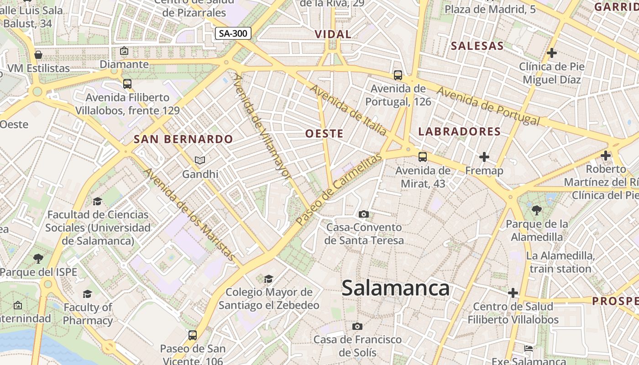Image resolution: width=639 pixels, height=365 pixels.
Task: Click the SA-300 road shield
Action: point(233,33)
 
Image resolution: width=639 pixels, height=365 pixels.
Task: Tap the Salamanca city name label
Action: point(395,288)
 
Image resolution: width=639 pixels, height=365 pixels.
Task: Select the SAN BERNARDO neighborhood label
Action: point(183,139)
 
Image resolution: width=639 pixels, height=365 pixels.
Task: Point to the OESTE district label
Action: point(324,133)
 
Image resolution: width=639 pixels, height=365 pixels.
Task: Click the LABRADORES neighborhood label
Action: point(460,132)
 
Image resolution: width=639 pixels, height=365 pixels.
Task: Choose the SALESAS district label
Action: point(477,46)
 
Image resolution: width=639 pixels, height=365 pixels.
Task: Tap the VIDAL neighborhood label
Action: point(333,34)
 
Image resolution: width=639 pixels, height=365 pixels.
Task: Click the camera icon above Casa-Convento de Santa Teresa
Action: point(364,214)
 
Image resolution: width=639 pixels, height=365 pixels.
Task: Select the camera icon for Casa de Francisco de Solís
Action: point(357,326)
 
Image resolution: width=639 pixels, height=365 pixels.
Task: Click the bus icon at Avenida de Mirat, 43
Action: point(423,157)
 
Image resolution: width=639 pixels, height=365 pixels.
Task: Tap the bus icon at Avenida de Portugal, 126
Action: point(398,75)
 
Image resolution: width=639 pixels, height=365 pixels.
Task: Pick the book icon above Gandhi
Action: point(200,160)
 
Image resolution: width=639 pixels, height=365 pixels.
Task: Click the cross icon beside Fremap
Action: point(484,157)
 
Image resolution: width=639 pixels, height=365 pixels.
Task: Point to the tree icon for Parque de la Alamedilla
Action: point(537,210)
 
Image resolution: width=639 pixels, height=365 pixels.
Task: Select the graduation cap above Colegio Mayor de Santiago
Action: point(269,278)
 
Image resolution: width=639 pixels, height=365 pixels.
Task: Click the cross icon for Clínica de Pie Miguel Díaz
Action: point(552,53)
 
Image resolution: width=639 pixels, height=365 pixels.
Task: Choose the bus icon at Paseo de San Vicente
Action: point(193,335)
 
